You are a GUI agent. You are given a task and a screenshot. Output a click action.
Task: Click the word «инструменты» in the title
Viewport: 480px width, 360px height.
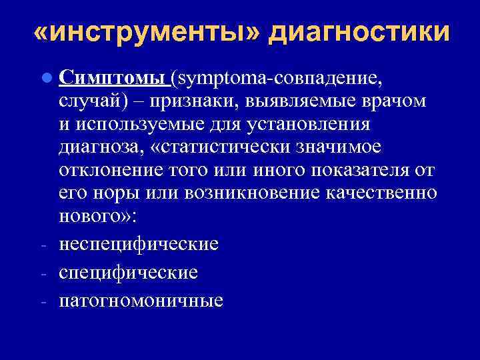tap(145, 32)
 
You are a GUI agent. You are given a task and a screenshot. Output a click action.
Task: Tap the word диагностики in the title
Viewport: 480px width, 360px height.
tap(359, 32)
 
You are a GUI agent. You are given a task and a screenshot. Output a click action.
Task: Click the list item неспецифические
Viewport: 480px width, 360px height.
tap(138, 244)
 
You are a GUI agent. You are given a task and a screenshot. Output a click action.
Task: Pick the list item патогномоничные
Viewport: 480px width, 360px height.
tap(141, 300)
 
